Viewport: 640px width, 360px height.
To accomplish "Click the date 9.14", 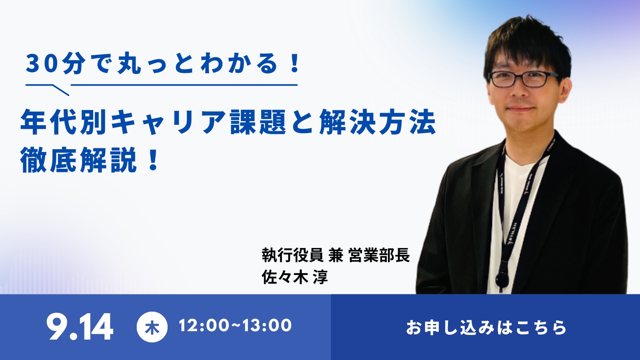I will click(80, 327).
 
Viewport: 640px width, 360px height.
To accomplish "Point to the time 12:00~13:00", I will click(235, 326).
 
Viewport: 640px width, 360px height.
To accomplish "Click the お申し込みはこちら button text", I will click(486, 327).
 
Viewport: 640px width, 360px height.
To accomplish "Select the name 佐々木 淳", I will click(295, 277).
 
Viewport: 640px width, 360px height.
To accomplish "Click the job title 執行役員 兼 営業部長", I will click(336, 255).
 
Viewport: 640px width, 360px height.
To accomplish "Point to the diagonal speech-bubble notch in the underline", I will click(60, 90).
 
